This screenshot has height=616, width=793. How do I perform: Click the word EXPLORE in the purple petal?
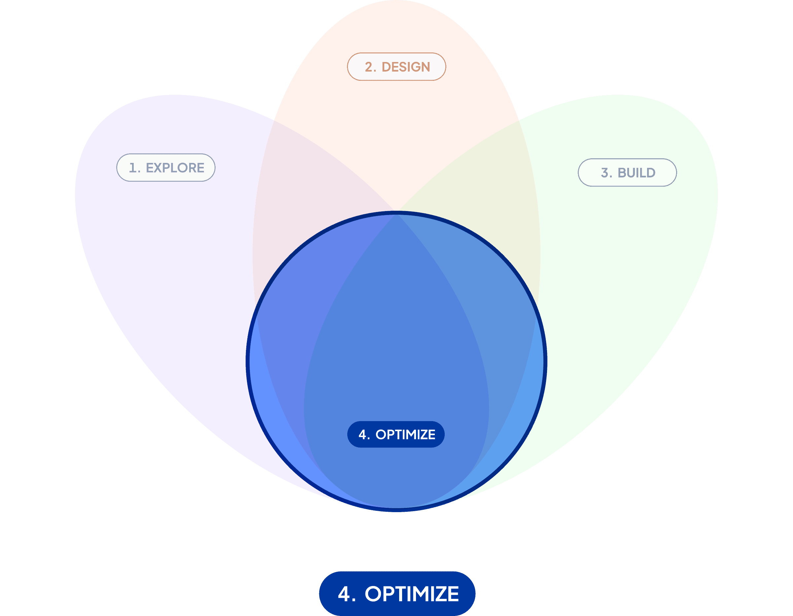tap(175, 168)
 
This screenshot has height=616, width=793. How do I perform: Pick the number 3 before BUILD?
tap(604, 173)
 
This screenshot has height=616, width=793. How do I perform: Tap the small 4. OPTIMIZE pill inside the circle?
tap(396, 434)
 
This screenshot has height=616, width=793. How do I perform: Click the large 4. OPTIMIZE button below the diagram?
tap(397, 594)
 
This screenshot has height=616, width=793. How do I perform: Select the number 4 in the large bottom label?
tap(344, 594)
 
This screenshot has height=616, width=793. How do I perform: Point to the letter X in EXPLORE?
tap(160, 168)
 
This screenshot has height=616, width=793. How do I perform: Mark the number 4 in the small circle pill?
tap(362, 435)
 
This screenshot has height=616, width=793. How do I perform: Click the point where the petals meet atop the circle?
tap(396, 211)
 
